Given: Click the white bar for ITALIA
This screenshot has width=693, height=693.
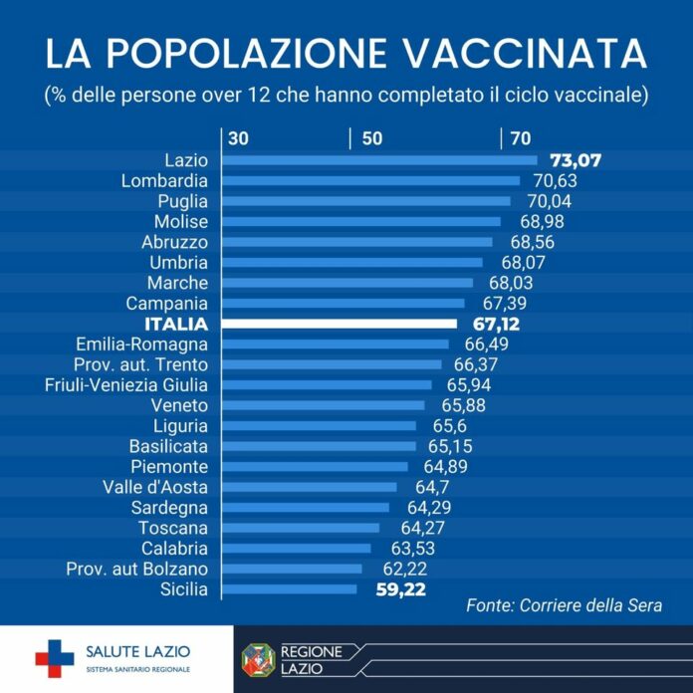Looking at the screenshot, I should point(339,324).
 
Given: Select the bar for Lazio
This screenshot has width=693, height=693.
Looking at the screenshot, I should point(378,159).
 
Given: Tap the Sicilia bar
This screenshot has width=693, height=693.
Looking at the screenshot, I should point(289,589).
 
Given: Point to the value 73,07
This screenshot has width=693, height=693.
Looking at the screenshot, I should point(577,159).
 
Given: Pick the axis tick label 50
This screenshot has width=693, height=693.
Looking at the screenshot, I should point(372,138).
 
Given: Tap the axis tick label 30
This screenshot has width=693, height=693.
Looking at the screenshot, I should point(239,138).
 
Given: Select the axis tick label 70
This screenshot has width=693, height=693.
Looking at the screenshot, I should point(520,138).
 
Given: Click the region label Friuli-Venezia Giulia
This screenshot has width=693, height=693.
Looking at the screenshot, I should point(126,384).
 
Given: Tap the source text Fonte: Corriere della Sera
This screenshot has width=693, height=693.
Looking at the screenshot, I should point(565,605).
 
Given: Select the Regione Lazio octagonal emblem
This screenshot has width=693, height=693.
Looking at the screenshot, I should point(259,659).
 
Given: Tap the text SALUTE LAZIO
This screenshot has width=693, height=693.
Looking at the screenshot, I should point(139,651).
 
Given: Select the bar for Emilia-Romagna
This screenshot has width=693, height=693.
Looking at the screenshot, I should point(335,344).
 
